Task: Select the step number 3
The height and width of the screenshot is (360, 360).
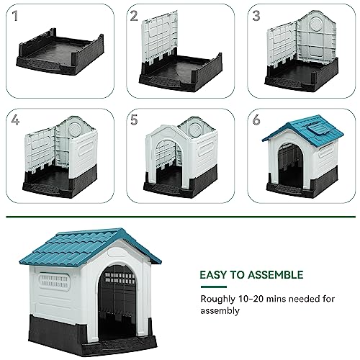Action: pos(256,16)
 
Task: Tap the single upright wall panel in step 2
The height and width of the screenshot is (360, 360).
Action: pos(160,40)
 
